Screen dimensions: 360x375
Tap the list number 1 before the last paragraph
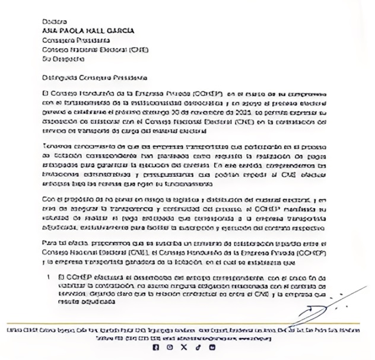[x=45, y=278]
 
